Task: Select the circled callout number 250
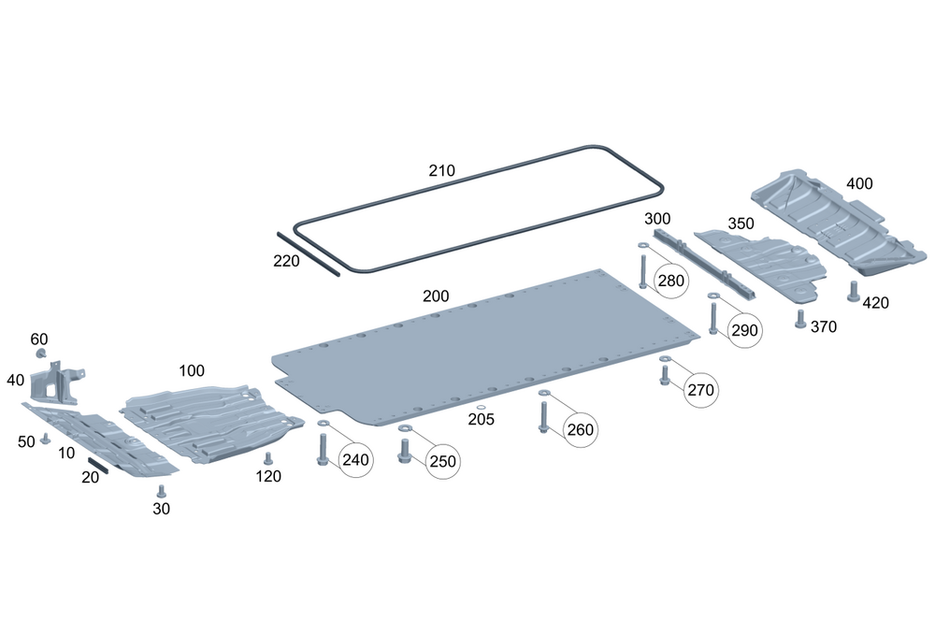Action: (x=442, y=460)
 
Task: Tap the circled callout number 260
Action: (x=580, y=429)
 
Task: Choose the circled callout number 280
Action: (x=670, y=279)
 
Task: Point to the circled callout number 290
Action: (x=744, y=330)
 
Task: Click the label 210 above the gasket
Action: (x=441, y=170)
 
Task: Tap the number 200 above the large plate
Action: (x=436, y=296)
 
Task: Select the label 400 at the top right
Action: (x=859, y=183)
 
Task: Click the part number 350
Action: (x=741, y=224)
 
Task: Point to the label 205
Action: (x=481, y=421)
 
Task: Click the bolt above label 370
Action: (x=799, y=316)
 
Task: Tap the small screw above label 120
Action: (x=267, y=458)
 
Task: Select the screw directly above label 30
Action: (x=160, y=490)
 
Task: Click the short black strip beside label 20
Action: (x=97, y=466)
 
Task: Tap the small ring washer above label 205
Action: (x=480, y=408)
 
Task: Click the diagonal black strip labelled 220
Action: (x=309, y=252)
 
